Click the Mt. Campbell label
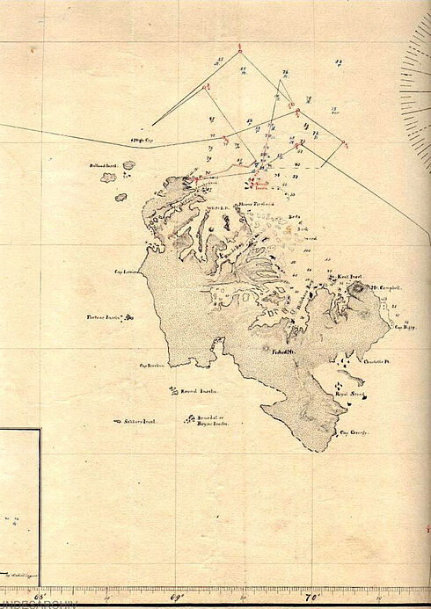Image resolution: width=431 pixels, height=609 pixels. (x=387, y=287)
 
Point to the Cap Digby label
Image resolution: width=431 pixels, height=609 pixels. (x=404, y=329)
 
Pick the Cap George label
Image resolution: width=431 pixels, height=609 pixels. (x=352, y=432)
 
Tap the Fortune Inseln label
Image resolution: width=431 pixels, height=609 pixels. (x=101, y=317)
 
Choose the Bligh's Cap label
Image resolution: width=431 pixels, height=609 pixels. (x=142, y=140)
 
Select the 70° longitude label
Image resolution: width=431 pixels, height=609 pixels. (x=310, y=598)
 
